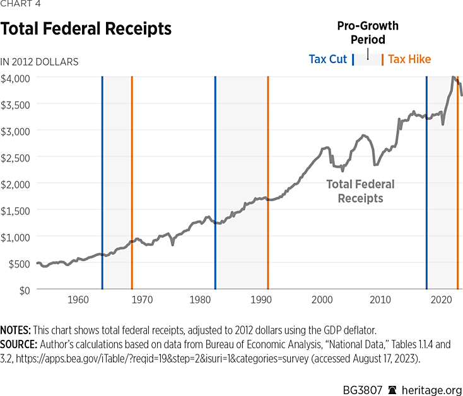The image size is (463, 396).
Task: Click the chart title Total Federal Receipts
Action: point(86,29)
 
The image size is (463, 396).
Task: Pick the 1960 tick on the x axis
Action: point(78,299)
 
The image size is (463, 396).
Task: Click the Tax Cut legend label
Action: point(327,59)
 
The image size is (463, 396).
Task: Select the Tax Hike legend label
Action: point(409,59)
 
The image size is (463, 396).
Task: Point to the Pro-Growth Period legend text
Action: point(368,33)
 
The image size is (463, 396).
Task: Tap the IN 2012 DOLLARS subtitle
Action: point(39,62)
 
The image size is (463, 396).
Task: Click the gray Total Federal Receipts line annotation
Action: point(360,191)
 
